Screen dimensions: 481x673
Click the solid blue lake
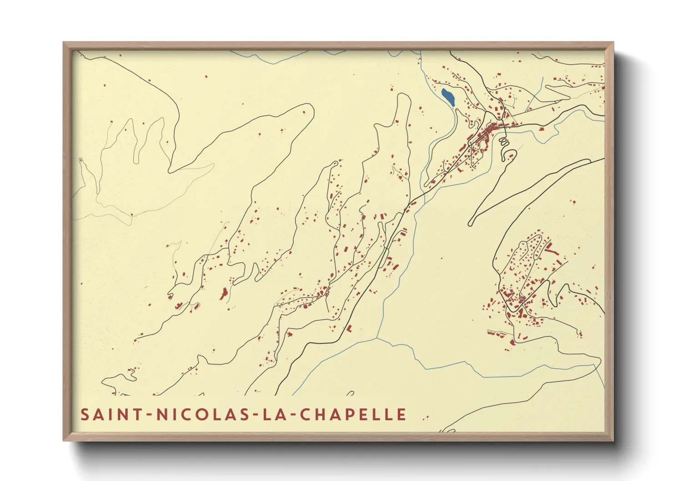click(x=447, y=97)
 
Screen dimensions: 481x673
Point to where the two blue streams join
click(x=377, y=338)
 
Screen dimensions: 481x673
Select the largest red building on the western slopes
click(x=224, y=294)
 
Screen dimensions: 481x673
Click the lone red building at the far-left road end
click(x=81, y=160)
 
